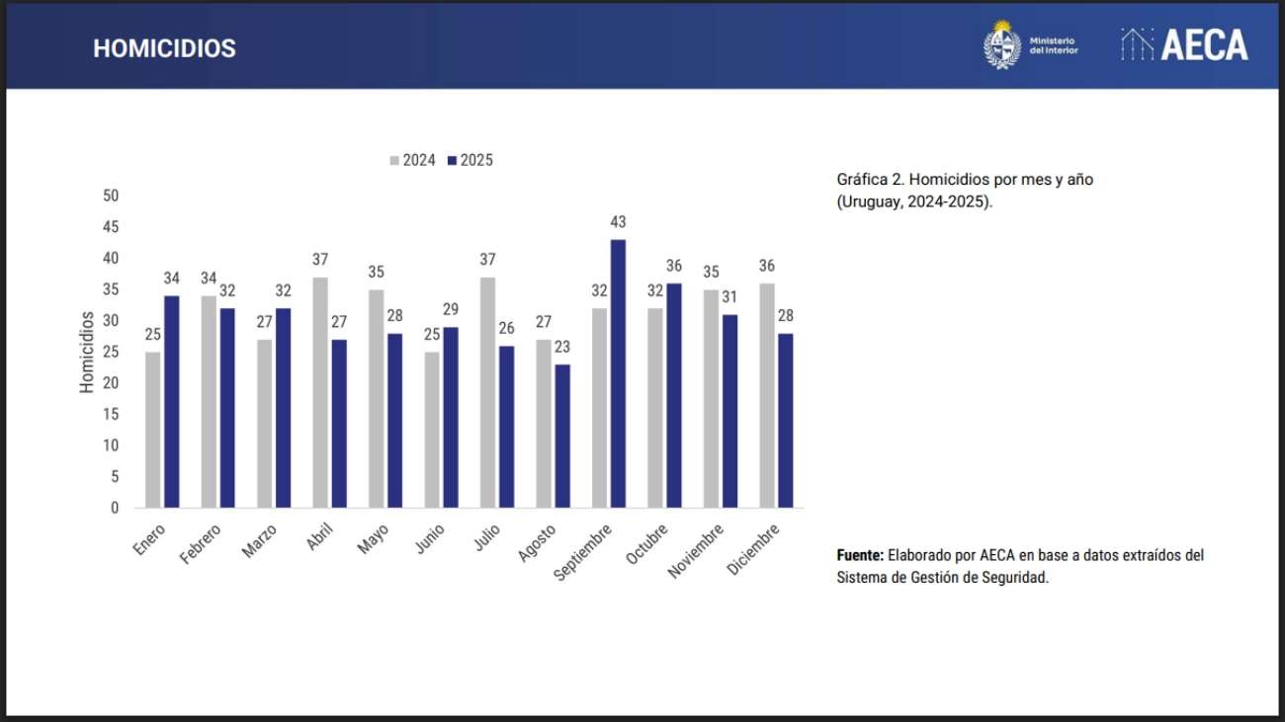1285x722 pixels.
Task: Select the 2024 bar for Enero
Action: click(152, 430)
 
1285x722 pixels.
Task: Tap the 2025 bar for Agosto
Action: click(562, 436)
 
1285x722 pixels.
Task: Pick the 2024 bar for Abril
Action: click(320, 392)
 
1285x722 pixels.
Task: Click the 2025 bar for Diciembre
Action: click(786, 420)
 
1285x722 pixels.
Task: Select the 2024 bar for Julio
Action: click(488, 392)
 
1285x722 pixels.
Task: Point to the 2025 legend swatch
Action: click(452, 160)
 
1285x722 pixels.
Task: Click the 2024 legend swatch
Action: click(394, 160)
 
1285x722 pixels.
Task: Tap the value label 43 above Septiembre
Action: click(618, 222)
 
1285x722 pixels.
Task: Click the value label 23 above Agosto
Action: click(562, 348)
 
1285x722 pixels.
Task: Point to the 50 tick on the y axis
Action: click(110, 196)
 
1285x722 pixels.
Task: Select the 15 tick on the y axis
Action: click(110, 414)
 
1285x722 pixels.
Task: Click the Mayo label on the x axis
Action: click(374, 538)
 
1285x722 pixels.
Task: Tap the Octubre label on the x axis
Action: click(647, 544)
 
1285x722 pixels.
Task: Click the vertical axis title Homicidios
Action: click(87, 352)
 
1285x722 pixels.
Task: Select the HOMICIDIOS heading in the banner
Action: click(164, 48)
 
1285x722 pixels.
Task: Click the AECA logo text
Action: click(1203, 45)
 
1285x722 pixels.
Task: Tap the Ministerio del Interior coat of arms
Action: click(1001, 45)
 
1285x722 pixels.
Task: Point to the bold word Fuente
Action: click(859, 555)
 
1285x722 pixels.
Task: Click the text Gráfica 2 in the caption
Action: click(869, 180)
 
